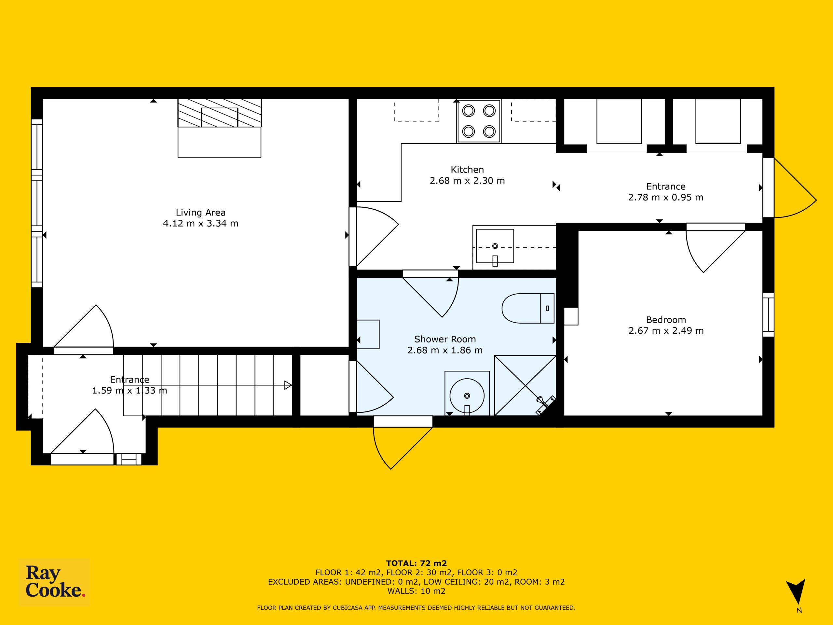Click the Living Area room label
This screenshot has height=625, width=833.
[200, 213]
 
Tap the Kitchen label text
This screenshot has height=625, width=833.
[467, 170]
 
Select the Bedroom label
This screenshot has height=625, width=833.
[666, 320]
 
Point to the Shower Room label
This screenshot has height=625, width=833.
[445, 339]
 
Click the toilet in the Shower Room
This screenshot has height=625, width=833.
[528, 308]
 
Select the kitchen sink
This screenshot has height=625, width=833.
[495, 246]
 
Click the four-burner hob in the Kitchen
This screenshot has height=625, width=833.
[479, 121]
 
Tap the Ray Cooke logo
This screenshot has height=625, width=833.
[54, 582]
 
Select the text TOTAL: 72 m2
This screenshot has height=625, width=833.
[416, 563]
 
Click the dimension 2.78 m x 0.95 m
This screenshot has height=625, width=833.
[665, 197]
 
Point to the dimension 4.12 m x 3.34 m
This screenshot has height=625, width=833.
[200, 223]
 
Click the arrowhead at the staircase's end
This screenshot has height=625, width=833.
[288, 385]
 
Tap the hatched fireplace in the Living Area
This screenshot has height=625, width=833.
[220, 113]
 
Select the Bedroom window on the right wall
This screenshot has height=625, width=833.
[768, 314]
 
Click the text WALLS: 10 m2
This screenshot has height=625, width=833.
[416, 591]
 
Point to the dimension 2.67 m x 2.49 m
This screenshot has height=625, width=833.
[666, 331]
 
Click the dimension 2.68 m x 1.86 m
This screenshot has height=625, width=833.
[445, 350]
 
